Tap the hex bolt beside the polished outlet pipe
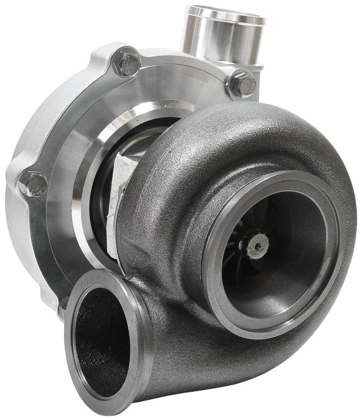pos(243,84)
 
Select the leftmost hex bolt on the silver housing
pos(33,184)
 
